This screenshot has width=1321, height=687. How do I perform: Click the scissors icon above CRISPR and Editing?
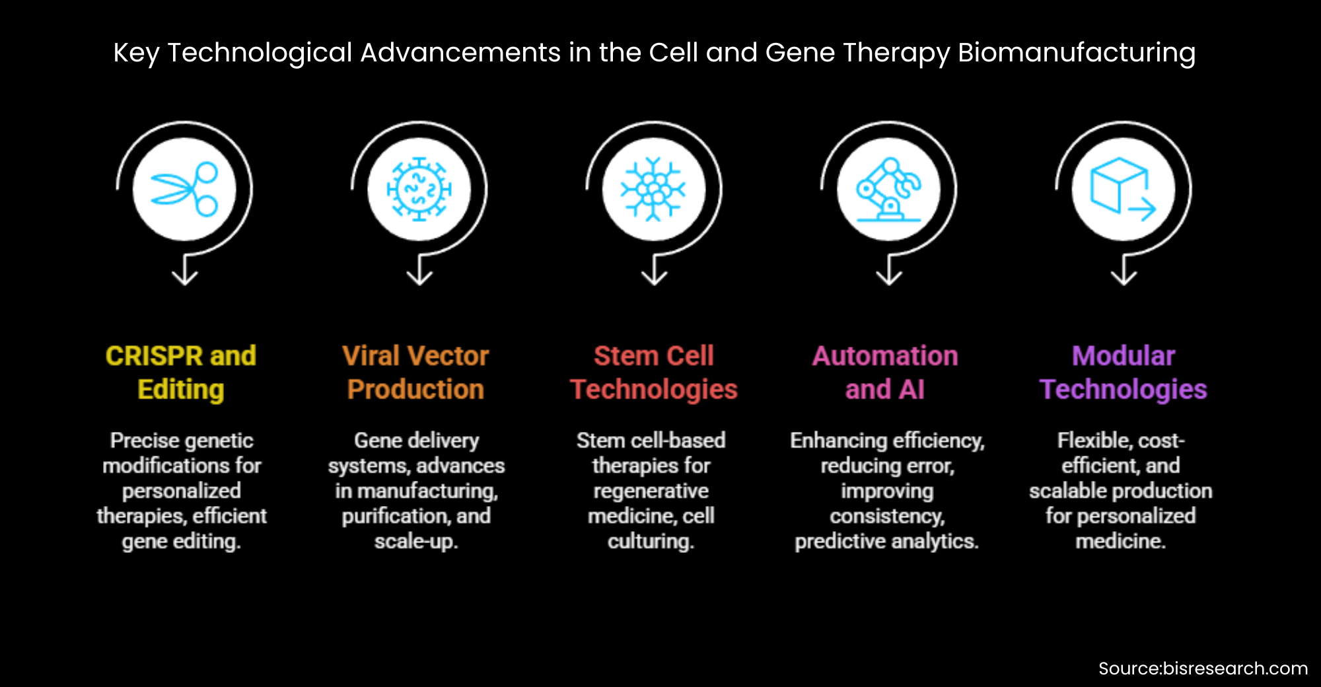[184, 189]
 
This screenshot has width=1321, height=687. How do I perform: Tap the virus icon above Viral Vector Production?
[419, 189]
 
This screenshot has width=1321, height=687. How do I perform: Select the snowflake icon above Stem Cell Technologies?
[654, 189]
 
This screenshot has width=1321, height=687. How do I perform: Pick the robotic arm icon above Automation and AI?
[888, 189]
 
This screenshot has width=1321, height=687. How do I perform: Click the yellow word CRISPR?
[153, 356]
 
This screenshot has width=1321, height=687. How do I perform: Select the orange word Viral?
[371, 356]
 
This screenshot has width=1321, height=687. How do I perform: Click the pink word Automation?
[885, 356]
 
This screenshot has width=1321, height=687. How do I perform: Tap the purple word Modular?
[1123, 356]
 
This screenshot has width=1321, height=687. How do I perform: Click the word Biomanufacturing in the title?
[1077, 53]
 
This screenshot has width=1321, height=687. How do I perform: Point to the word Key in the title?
[136, 53]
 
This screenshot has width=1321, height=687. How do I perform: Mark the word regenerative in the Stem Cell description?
[651, 491]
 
